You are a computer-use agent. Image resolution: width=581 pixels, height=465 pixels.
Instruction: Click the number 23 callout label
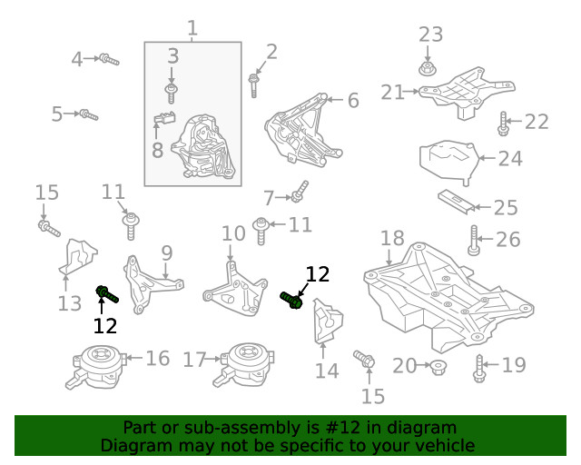[430, 35]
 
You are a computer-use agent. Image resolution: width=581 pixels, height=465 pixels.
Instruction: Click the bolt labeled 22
[503, 123]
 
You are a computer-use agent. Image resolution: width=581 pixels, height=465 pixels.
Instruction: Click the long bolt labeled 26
[473, 241]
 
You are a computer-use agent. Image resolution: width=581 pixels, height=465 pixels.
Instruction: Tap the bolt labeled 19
[480, 367]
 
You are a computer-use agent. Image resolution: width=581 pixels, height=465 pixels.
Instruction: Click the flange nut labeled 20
[438, 367]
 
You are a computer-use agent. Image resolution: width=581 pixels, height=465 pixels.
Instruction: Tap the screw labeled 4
[109, 60]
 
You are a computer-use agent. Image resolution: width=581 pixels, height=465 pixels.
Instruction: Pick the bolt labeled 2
[254, 85]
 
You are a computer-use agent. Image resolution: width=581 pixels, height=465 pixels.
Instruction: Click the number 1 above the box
[192, 28]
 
